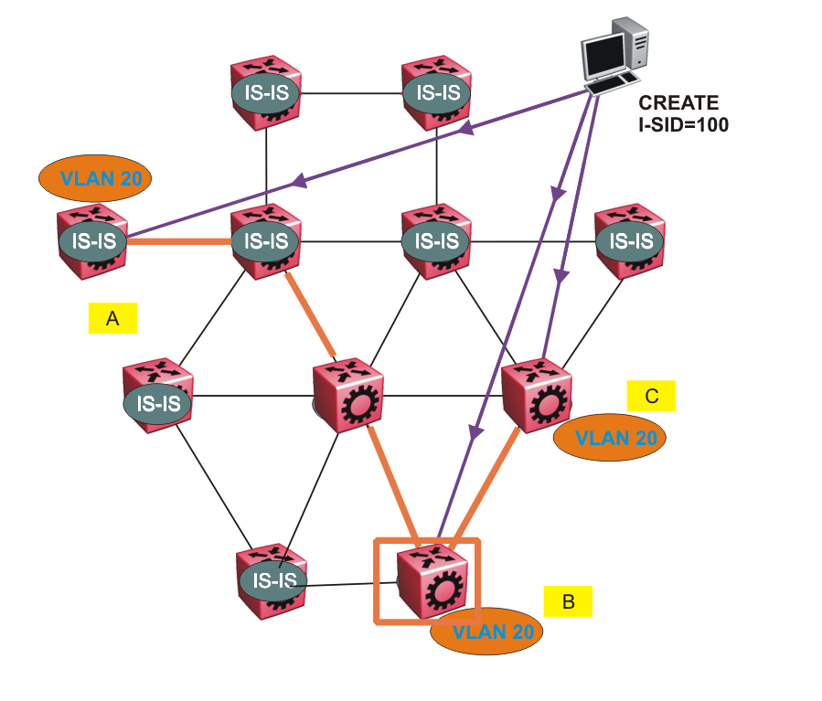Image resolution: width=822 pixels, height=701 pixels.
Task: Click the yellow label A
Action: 112,318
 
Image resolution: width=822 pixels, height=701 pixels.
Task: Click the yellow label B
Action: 568,601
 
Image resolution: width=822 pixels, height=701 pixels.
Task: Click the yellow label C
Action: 651,396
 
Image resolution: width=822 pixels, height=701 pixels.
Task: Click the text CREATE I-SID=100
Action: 682,114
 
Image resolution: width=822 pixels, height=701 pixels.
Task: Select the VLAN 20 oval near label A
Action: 94,178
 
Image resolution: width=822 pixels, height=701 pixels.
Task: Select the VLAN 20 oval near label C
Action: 610,438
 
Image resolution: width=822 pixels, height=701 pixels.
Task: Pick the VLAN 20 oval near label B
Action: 486,631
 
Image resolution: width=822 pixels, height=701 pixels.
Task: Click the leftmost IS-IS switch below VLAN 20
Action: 91,240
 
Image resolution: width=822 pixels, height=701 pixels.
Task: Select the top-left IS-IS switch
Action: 265,91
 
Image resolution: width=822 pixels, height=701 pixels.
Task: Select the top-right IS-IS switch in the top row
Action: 437,91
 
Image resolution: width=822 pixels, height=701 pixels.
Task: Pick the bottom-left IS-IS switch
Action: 272,579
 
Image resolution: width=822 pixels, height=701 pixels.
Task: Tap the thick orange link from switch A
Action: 178,242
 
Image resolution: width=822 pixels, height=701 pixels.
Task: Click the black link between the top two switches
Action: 351,92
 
